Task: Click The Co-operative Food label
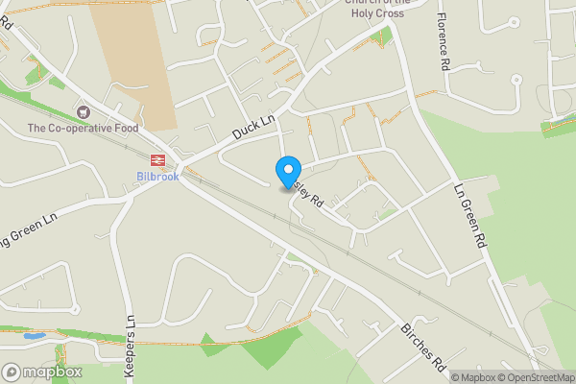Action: pyautogui.click(x=83, y=128)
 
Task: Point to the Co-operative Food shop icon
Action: pyautogui.click(x=83, y=112)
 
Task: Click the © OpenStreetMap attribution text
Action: pyautogui.click(x=534, y=377)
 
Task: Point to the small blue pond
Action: pyautogui.click(x=34, y=337)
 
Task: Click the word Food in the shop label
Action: pyautogui.click(x=124, y=128)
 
